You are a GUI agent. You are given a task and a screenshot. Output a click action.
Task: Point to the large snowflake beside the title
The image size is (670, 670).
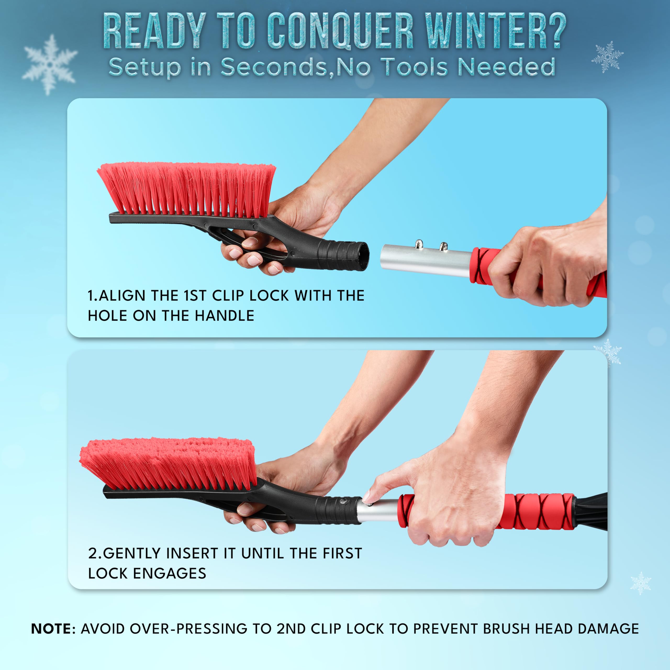[x=49, y=64]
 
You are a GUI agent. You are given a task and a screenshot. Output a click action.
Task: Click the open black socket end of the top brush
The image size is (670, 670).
[x=362, y=256]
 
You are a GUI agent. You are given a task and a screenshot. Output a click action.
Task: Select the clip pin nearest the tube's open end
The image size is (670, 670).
[x=419, y=244]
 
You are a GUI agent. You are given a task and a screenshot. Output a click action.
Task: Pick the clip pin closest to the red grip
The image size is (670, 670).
[x=443, y=246]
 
